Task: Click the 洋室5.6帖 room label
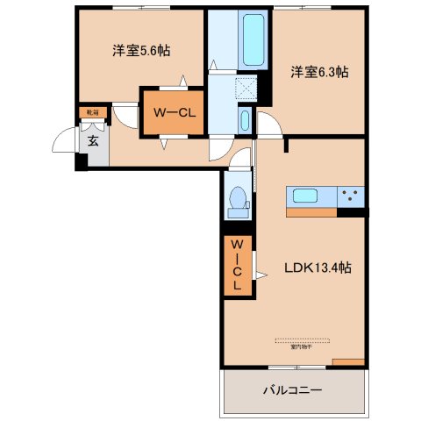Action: click(141, 51)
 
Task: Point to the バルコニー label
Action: click(293, 390)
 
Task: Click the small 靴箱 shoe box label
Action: click(91, 111)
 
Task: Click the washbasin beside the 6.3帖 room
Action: click(245, 121)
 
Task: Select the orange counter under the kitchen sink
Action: click(311, 211)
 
